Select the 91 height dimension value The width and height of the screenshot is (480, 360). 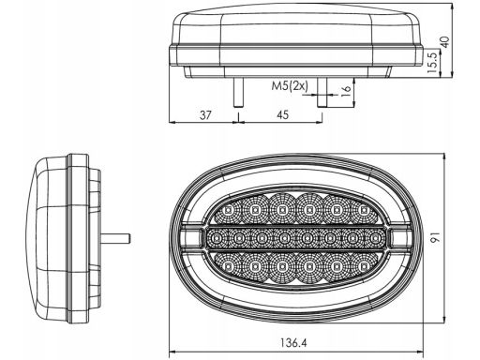point(435,237)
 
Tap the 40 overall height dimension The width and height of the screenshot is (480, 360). point(444,42)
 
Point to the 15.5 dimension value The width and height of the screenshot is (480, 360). point(432,63)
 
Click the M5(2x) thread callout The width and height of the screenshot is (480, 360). point(290,85)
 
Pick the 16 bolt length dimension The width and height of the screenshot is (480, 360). point(346,90)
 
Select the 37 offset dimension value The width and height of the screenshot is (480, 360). point(205,115)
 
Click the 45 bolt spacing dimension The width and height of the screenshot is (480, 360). point(283,115)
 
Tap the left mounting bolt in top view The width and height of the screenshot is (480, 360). point(239,92)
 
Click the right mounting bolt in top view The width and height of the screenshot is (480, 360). point(322,92)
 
